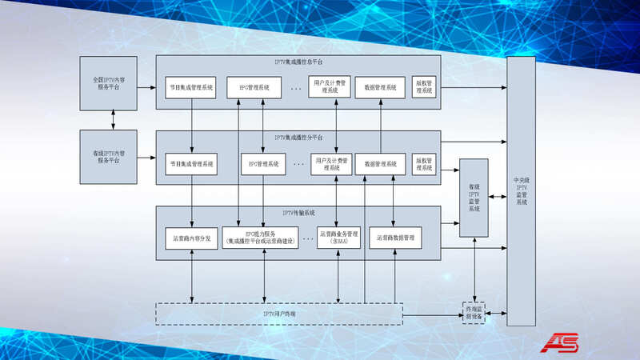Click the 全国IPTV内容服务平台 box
click(x=109, y=83)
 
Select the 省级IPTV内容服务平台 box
click(x=109, y=156)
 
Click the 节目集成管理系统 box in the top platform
click(x=192, y=87)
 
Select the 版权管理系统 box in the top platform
click(x=424, y=87)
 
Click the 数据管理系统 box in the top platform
click(x=380, y=87)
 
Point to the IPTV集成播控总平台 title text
click(x=298, y=62)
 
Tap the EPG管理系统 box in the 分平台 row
click(x=263, y=164)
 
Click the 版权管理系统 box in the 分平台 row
click(x=424, y=163)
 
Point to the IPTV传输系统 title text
click(x=298, y=212)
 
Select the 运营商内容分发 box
click(x=192, y=238)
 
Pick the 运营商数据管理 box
click(x=395, y=238)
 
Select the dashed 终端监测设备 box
click(x=475, y=311)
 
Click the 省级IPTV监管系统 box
click(x=474, y=198)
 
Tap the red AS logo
click(x=562, y=342)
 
